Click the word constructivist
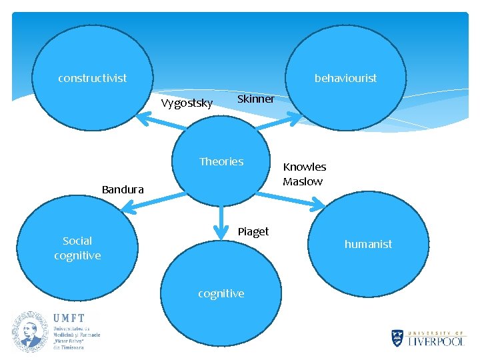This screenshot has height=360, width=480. coord(92,79)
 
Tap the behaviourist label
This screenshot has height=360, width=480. coord(345,79)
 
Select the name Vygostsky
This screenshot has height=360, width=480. coord(187,103)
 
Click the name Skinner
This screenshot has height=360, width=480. coord(256,99)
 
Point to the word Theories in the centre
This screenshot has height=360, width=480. coord(221,161)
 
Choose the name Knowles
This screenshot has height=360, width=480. coord(305,167)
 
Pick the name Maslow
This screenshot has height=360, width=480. coord(303,181)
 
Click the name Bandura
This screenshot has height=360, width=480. coord(123,190)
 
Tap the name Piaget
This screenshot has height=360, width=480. coord(253,231)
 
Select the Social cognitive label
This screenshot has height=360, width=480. coord(77,248)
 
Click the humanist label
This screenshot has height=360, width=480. coord(368,244)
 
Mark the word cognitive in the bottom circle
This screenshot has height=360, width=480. coord(221,293)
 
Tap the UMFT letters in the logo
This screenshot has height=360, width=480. coord(69,319)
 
